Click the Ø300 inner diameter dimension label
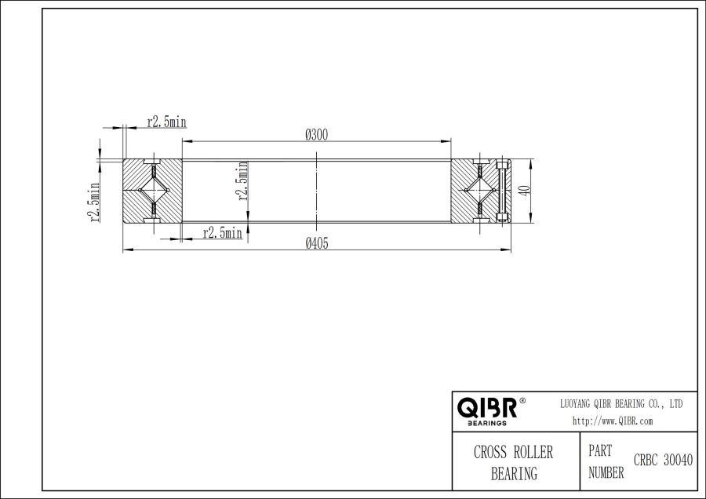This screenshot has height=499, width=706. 316,134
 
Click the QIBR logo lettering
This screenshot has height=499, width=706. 486,408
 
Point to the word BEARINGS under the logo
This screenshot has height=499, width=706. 486,423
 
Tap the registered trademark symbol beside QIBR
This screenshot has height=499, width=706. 523,401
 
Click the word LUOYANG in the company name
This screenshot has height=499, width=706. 577,403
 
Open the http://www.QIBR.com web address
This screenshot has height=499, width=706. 613,421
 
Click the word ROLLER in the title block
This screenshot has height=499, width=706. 533,453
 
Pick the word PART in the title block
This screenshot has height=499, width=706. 600,452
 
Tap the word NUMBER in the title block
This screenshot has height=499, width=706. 606,472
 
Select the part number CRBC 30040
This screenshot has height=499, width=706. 663,461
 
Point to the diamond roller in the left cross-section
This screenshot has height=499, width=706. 153,191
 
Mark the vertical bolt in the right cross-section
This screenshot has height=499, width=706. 503,191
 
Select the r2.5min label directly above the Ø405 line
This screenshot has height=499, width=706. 222,233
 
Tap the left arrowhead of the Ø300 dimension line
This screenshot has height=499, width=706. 185,141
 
